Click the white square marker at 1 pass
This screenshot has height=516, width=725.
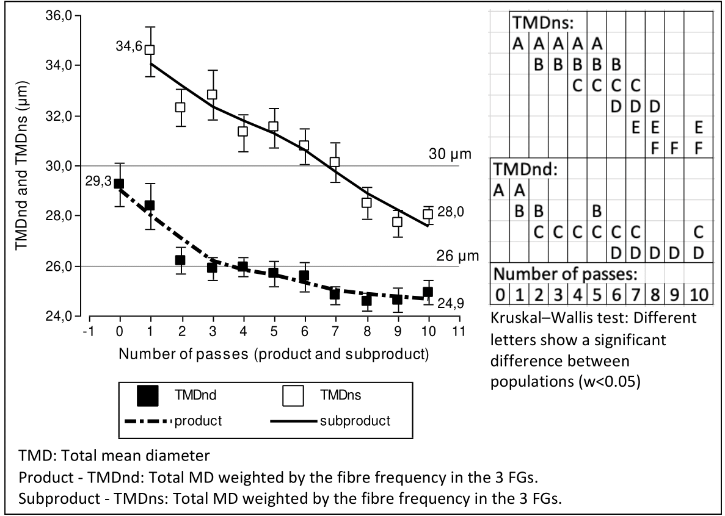tap(150, 49)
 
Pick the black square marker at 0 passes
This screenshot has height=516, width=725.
tap(119, 184)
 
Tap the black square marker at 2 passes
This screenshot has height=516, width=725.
tap(180, 260)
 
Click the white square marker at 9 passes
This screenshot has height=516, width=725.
tap(397, 222)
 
